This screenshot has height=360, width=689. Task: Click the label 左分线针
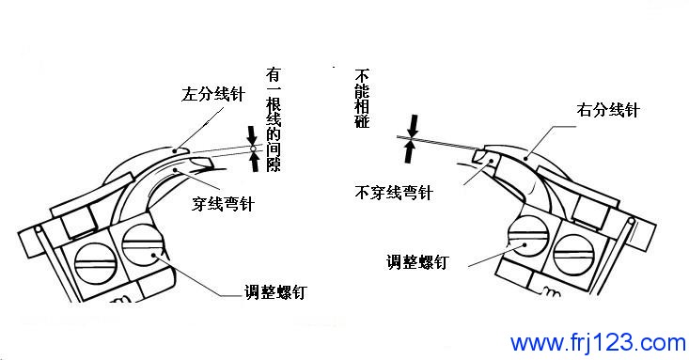(213, 95)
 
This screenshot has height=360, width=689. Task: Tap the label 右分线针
(608, 110)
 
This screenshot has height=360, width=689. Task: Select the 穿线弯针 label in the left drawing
(223, 204)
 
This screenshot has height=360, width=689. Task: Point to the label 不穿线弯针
(394, 193)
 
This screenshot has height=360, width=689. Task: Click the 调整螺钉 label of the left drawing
(275, 292)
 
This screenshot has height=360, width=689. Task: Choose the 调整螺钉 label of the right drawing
(417, 262)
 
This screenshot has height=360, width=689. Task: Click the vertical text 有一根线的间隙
(274, 119)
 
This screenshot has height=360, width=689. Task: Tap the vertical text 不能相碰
(362, 99)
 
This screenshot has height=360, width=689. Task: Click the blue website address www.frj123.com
(598, 342)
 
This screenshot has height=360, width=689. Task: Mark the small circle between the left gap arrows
(253, 149)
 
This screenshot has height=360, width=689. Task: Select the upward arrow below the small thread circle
(254, 163)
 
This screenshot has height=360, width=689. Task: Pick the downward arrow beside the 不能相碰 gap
(413, 126)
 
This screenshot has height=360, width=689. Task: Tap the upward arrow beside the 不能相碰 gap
(410, 151)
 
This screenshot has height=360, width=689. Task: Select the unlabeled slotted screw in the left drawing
(96, 263)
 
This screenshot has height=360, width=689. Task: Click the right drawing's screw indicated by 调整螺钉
(528, 238)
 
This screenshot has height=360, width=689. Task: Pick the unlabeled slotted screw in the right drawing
(574, 256)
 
